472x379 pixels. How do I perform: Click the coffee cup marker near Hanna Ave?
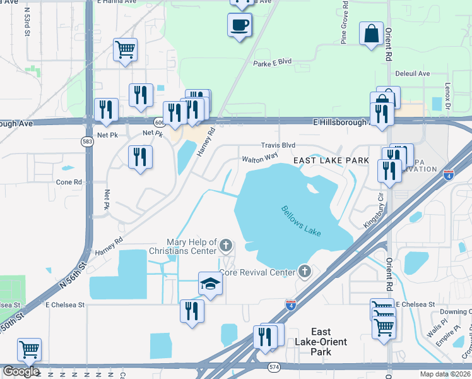coord(239,25)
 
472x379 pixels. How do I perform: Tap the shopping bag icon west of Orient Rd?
coord(371,32)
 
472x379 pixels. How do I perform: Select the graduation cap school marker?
coord(210,284)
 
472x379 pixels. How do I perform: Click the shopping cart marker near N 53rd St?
coord(126,49)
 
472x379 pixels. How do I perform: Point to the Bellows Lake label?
coord(301,221)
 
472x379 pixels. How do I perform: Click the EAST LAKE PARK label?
coord(331,161)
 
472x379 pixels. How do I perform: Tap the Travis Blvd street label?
coord(278,145)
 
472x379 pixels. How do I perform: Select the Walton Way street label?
coord(259,158)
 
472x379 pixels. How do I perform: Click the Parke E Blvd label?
coord(272,63)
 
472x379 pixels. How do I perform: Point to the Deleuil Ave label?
coord(412,74)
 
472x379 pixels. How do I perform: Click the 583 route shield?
coord(88,143)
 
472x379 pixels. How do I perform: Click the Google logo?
coord(20,371)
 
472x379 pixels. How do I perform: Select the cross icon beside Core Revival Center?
coord(305,272)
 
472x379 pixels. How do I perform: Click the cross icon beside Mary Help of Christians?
coord(226,244)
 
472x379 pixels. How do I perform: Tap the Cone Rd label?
coord(69,182)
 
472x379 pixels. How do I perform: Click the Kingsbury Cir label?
coord(373,215)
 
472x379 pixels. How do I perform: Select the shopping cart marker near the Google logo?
coord(29,350)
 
